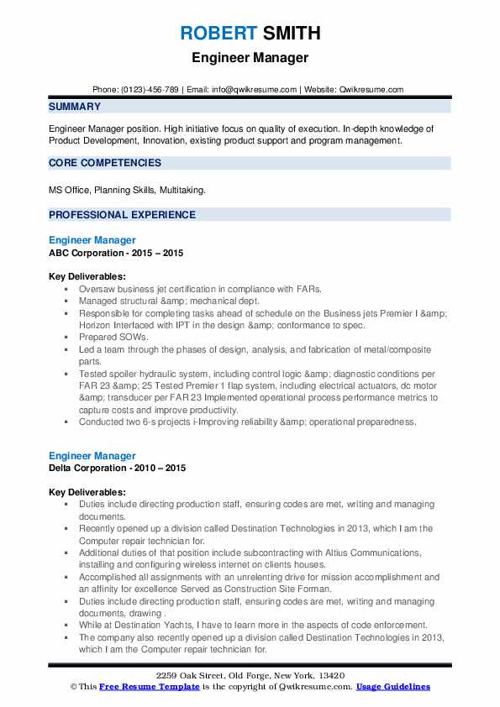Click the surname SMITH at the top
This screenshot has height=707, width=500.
click(290, 34)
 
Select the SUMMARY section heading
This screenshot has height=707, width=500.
click(75, 107)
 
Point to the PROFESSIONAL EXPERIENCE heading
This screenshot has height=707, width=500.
click(122, 214)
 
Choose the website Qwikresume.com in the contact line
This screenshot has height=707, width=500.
click(373, 89)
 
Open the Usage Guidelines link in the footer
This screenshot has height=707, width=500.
click(392, 687)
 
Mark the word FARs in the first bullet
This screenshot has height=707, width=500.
click(308, 288)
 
